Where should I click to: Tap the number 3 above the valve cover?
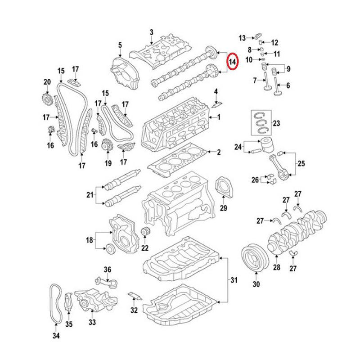(x=151, y=32)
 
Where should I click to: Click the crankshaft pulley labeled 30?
(x=255, y=260)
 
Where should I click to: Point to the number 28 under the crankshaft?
(x=276, y=268)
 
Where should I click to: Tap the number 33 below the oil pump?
(x=92, y=322)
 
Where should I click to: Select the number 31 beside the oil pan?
(x=233, y=281)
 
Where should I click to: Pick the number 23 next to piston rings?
(x=276, y=123)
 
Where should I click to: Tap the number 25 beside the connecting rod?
(x=301, y=163)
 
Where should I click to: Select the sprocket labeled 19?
(x=107, y=146)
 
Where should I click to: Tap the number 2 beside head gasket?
(x=219, y=152)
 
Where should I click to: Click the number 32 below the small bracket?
(x=134, y=310)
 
